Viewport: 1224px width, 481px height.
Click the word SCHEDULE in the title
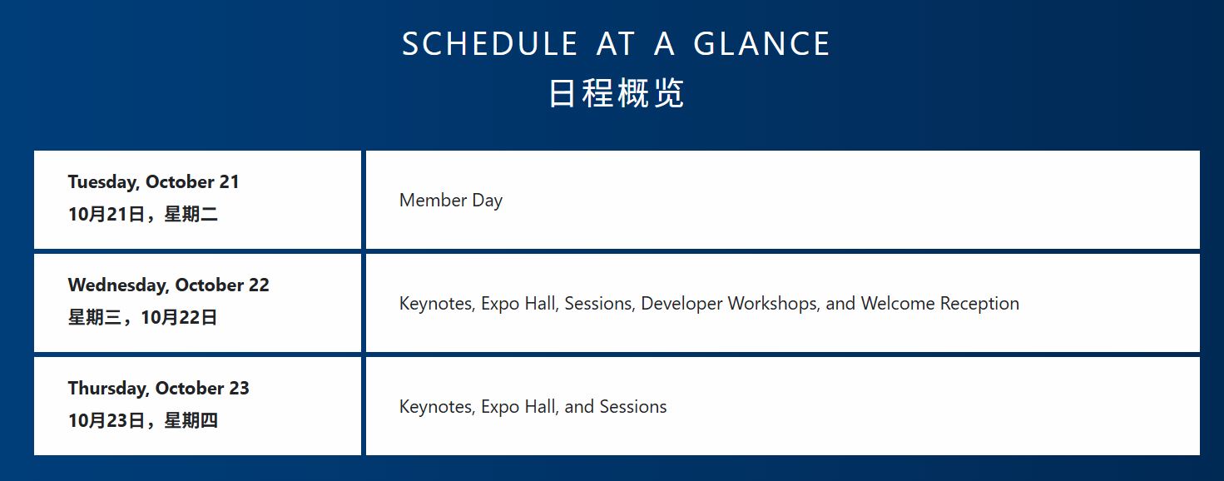tap(489, 44)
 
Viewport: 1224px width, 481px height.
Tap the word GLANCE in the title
tap(761, 44)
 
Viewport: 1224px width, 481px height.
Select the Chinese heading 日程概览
tap(616, 93)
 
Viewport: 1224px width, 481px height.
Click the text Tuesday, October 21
tap(154, 182)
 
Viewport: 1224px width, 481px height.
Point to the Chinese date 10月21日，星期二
tap(143, 214)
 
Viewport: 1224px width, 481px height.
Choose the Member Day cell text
tap(451, 201)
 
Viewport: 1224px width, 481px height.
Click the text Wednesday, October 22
tap(168, 285)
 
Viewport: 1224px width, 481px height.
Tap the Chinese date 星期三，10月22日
tap(143, 317)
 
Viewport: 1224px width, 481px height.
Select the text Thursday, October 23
tap(158, 389)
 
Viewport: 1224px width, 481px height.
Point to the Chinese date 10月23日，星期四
tap(143, 420)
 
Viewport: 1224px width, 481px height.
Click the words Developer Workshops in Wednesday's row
tap(730, 304)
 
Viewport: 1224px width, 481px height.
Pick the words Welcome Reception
tap(940, 304)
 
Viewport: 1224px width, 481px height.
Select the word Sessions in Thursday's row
tap(632, 407)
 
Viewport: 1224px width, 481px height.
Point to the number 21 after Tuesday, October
tap(229, 182)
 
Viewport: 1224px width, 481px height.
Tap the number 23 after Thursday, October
tap(239, 389)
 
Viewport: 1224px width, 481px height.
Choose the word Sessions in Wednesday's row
tap(599, 304)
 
